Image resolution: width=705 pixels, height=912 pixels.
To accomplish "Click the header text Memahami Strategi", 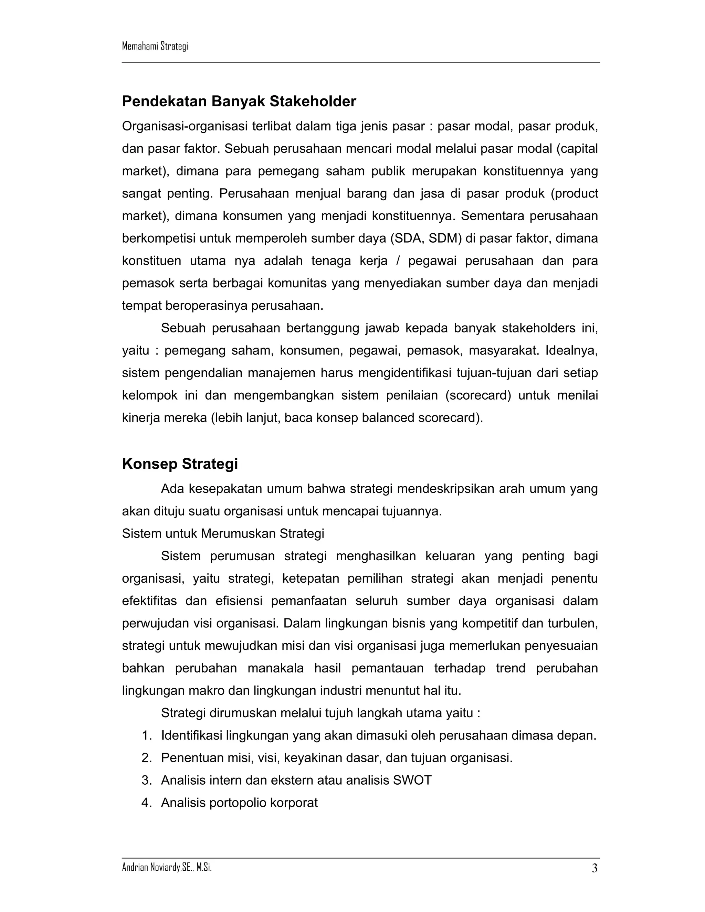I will [x=155, y=46].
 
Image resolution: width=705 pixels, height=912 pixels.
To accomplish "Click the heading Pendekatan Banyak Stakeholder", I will [x=239, y=102].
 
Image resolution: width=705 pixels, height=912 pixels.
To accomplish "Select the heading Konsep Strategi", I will [x=180, y=464].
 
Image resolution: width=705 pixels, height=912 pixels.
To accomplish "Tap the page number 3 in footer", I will [x=594, y=869].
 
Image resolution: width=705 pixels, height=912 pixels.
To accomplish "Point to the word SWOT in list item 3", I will [x=412, y=781].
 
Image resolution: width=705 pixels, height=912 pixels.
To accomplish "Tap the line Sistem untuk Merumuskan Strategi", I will [x=223, y=534].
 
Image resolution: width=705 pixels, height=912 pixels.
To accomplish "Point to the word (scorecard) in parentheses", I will [x=478, y=395].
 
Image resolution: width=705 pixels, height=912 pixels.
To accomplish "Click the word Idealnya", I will [x=571, y=351].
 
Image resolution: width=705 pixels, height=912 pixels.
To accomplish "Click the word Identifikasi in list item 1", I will [x=191, y=735].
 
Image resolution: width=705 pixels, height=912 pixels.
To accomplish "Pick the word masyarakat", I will [x=504, y=351].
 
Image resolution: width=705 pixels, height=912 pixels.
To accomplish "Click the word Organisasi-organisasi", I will [x=185, y=126].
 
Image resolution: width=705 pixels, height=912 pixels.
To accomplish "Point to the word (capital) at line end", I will [x=577, y=149].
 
